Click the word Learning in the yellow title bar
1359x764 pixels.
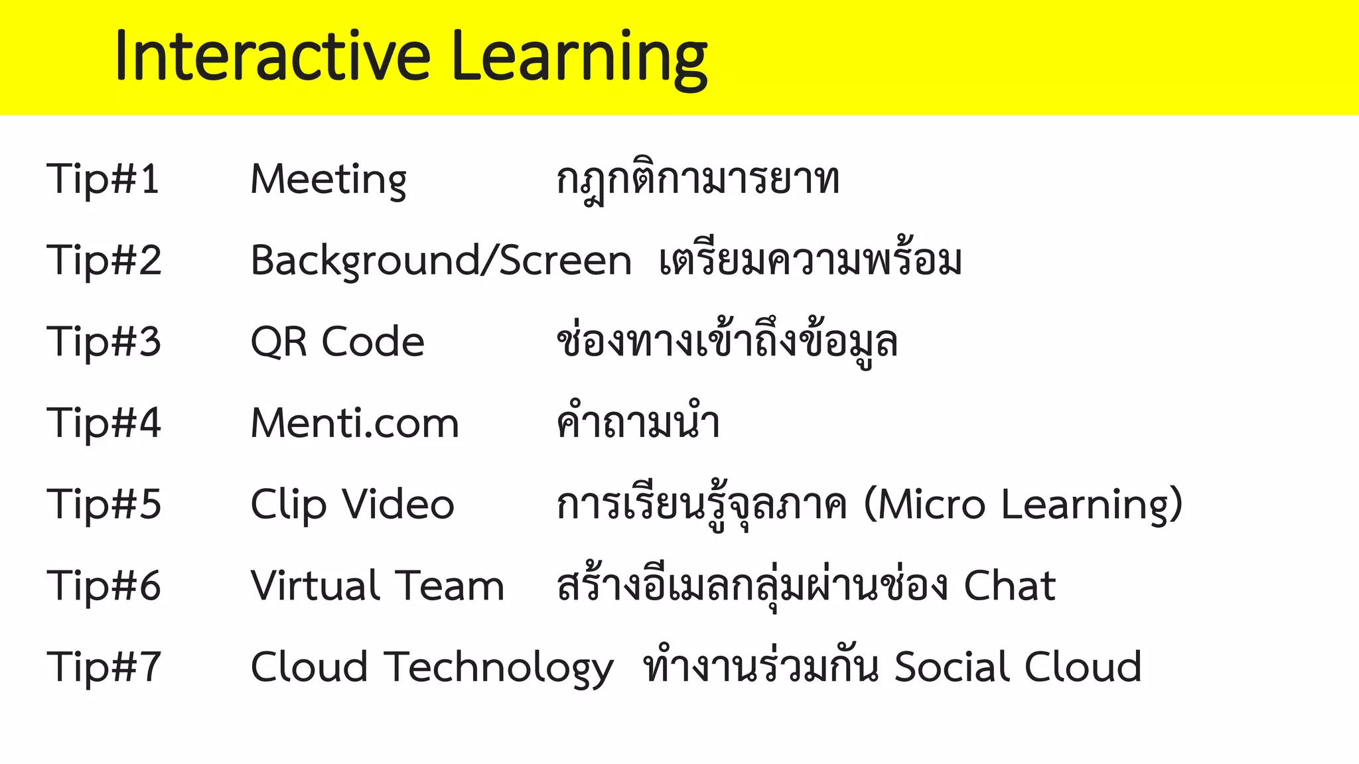(579, 58)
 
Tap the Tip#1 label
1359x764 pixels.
(103, 179)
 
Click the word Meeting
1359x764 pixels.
(328, 180)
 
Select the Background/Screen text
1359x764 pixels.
(441, 261)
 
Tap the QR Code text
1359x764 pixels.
(337, 342)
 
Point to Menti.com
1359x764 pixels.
(355, 423)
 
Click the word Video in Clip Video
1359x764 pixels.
(398, 505)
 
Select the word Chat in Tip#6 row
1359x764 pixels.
(1009, 586)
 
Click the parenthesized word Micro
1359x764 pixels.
(930, 505)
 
